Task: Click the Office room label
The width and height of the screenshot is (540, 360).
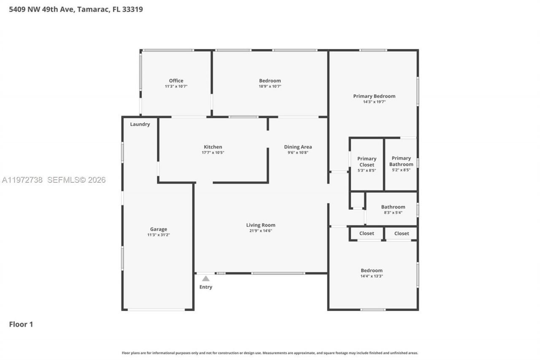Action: pyautogui.click(x=176, y=81)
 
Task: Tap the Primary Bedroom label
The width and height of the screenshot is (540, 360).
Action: pyautogui.click(x=374, y=96)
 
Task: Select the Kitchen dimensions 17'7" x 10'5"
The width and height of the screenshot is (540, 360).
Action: pyautogui.click(x=213, y=153)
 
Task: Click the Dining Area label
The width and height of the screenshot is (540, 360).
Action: pyautogui.click(x=298, y=147)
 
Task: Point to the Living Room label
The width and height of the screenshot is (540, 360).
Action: pyautogui.click(x=261, y=225)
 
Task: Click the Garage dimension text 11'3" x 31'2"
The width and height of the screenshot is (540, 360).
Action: pyautogui.click(x=159, y=235)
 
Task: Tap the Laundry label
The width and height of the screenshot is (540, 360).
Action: pyautogui.click(x=140, y=124)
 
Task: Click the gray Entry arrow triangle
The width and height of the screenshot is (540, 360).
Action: pyautogui.click(x=206, y=279)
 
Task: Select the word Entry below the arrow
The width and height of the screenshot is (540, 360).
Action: pyautogui.click(x=206, y=287)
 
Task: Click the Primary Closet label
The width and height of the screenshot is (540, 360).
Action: pyautogui.click(x=367, y=162)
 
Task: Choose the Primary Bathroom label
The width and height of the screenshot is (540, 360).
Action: pyautogui.click(x=401, y=161)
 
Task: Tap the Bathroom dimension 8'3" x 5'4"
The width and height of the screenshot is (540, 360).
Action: pyautogui.click(x=393, y=213)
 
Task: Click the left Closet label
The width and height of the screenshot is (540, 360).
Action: pyautogui.click(x=367, y=233)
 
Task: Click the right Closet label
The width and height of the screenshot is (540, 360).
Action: pyautogui.click(x=402, y=233)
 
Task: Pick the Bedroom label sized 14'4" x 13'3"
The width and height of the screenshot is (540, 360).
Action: pyautogui.click(x=372, y=271)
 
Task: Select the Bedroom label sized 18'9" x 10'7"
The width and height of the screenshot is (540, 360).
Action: pyautogui.click(x=270, y=81)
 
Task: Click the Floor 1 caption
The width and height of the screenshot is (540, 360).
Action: pyautogui.click(x=21, y=324)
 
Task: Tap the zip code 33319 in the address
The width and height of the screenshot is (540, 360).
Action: pyautogui.click(x=132, y=9)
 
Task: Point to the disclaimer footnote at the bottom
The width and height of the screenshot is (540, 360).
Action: pyautogui.click(x=270, y=353)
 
